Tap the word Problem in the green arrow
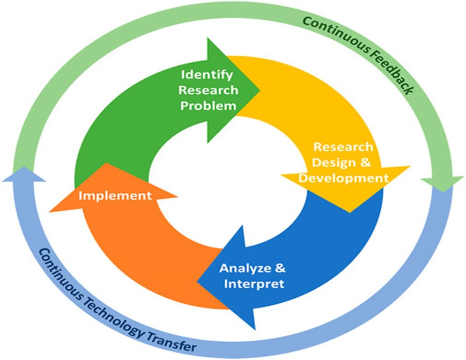208,105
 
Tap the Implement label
115,196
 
